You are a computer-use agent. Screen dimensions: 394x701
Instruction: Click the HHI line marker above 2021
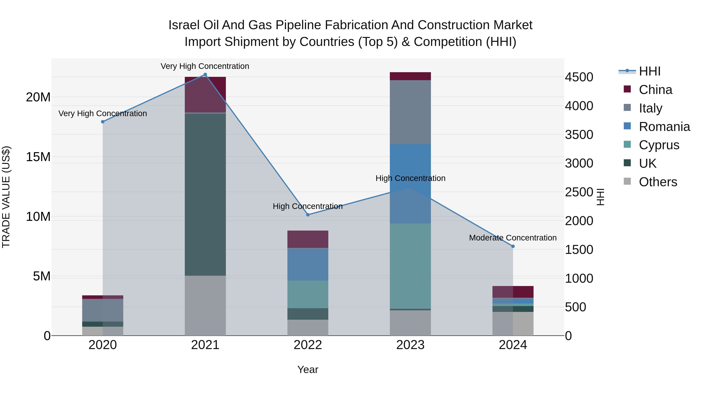point(205,75)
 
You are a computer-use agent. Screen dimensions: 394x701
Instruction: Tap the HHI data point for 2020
point(103,122)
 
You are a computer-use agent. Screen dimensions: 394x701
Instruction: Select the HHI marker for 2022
point(308,215)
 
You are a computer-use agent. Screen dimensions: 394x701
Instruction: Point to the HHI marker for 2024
point(513,246)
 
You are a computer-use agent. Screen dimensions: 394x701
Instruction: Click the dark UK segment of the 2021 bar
point(205,194)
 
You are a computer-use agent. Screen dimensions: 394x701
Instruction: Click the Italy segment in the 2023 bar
point(410,112)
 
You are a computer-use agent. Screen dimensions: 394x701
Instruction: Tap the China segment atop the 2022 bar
point(308,239)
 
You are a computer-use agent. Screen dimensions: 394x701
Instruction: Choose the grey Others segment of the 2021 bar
point(205,306)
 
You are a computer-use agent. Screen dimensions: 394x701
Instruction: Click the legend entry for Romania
point(664,127)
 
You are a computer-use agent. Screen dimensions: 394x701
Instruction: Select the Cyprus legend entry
point(659,145)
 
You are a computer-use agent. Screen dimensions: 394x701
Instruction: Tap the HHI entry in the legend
point(649,71)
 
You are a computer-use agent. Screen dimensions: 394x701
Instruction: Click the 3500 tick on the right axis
point(579,135)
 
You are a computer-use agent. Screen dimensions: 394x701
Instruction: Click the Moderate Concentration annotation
point(513,238)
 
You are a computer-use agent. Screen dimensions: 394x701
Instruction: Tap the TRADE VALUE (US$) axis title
point(6,197)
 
